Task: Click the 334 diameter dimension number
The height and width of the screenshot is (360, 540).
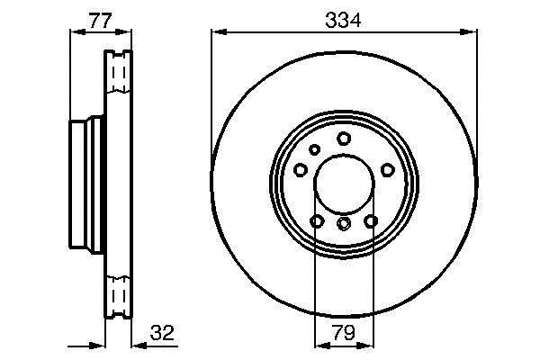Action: click(343, 20)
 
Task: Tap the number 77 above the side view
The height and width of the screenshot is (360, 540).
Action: click(100, 21)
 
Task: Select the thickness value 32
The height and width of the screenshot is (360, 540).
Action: click(163, 332)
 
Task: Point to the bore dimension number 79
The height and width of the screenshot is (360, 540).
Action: click(344, 333)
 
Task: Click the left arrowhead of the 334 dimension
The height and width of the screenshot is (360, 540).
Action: click(219, 32)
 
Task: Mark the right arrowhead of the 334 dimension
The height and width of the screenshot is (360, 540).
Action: click(469, 32)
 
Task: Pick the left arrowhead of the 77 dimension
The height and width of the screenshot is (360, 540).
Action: click(77, 32)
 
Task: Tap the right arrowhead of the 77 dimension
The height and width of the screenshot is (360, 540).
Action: click(123, 32)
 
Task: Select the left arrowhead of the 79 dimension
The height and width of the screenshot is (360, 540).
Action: click(323, 345)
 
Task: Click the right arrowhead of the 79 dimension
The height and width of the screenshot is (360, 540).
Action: click(365, 345)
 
